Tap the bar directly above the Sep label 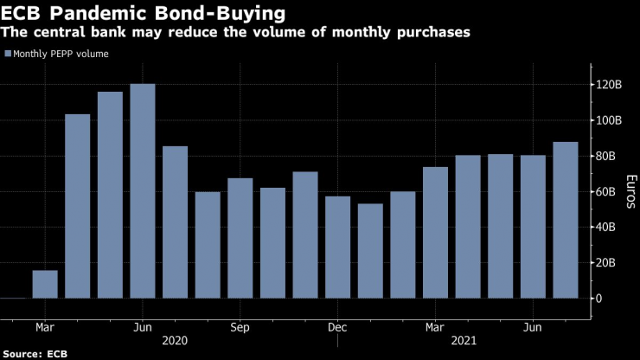point(240,238)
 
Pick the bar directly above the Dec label point(337,247)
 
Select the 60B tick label point(608,191)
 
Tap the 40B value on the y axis point(608,227)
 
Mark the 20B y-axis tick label point(608,262)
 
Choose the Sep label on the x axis point(240,328)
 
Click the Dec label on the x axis point(337,328)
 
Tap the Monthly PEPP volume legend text point(60,54)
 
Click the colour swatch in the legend point(7,54)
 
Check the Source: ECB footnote point(35,354)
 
